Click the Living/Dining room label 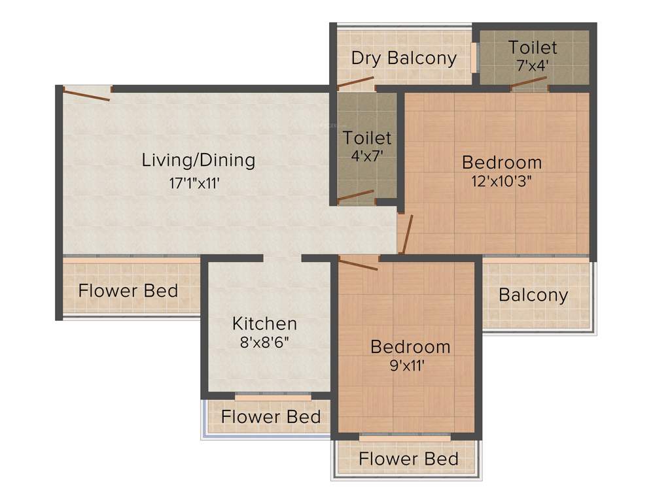click(198, 160)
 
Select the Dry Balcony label click(404, 58)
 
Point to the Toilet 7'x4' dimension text click(533, 65)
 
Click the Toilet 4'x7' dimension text click(367, 157)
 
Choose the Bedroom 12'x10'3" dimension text click(502, 182)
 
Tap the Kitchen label click(264, 323)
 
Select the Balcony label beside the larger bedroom click(533, 295)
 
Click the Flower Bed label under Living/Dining click(128, 290)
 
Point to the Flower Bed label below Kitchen click(271, 416)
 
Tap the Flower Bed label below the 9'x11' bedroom click(408, 459)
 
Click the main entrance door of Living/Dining click(86, 95)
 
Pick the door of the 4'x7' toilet click(356, 195)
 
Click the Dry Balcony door click(355, 83)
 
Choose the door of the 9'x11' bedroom click(359, 264)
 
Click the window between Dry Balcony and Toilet click(473, 58)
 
